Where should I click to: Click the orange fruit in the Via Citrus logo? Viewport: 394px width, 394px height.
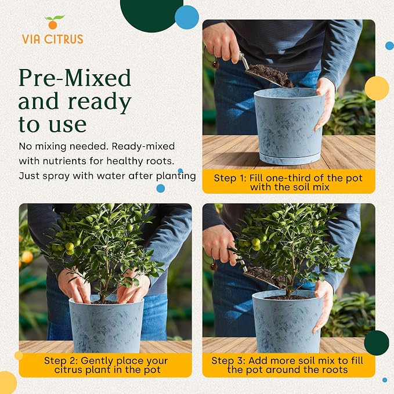[x=53, y=25]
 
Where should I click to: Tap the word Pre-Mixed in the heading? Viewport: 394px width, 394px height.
[x=75, y=78]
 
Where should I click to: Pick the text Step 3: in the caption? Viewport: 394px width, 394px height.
[x=228, y=360]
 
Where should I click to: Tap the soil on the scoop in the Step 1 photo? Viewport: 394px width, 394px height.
[x=271, y=75]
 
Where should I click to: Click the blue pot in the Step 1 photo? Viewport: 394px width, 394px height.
[x=289, y=126]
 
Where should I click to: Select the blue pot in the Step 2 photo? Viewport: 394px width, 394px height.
[x=106, y=325]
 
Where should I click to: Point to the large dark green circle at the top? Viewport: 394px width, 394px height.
[x=151, y=13]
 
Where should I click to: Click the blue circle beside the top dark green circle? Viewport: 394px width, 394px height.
[x=187, y=17]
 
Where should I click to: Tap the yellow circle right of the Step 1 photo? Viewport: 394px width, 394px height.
[x=377, y=88]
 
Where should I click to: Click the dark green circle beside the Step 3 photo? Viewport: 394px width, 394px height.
[x=377, y=343]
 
